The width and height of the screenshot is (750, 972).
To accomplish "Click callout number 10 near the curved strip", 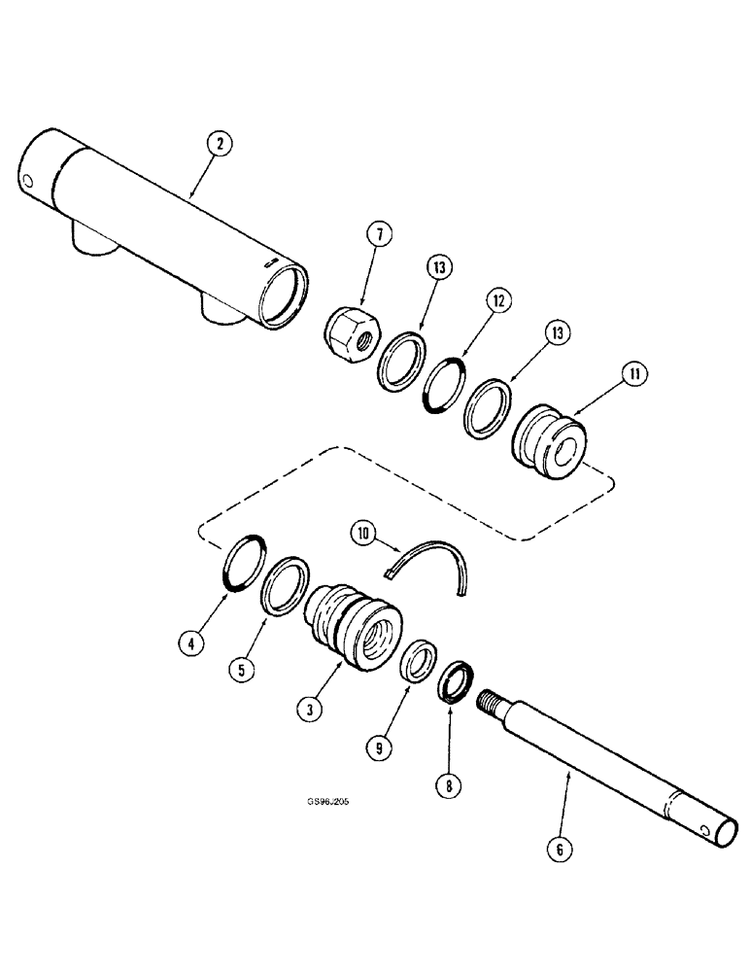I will [x=364, y=533].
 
